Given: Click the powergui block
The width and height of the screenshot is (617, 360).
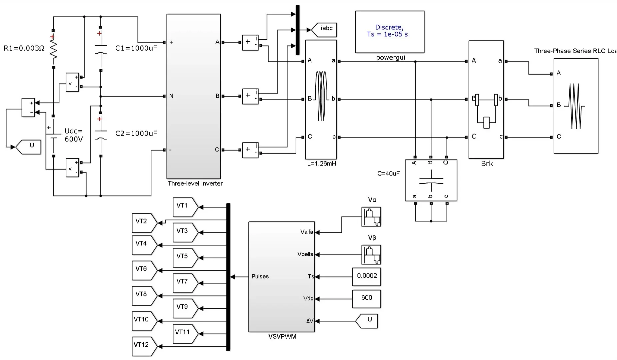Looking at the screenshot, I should [x=390, y=32].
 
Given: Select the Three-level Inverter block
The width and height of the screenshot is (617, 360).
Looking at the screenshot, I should [x=193, y=97].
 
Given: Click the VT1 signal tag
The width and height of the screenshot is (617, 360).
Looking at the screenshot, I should [x=184, y=207].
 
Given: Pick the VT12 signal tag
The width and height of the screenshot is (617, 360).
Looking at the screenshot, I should [x=143, y=346].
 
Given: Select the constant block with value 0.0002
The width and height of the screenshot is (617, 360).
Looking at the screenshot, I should [x=366, y=276].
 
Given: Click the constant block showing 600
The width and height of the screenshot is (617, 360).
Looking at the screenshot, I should [x=366, y=298].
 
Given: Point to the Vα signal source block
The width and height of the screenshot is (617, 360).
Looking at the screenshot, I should [x=371, y=217].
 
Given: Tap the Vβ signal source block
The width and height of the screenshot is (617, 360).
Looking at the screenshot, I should [x=371, y=255].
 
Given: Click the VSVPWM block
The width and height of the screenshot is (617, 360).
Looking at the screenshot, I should [x=282, y=277].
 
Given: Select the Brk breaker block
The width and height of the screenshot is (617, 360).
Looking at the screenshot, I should [x=486, y=99].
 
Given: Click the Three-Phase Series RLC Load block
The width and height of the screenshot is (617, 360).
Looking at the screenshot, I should [x=576, y=106].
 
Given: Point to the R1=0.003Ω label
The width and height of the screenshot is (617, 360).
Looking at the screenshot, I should [x=24, y=48].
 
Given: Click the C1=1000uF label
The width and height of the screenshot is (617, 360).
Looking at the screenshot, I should [x=136, y=48].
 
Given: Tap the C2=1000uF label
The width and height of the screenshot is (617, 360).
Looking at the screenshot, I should [x=136, y=134].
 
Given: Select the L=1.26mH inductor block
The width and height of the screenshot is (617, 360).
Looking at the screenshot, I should [x=321, y=99].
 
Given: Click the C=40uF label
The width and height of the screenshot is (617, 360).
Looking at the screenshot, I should [x=388, y=173].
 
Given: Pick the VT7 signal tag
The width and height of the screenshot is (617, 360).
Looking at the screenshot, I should [x=184, y=283].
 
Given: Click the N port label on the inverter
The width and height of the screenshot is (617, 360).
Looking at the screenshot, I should [x=171, y=96].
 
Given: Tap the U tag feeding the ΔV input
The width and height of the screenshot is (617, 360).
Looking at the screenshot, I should [x=368, y=321].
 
